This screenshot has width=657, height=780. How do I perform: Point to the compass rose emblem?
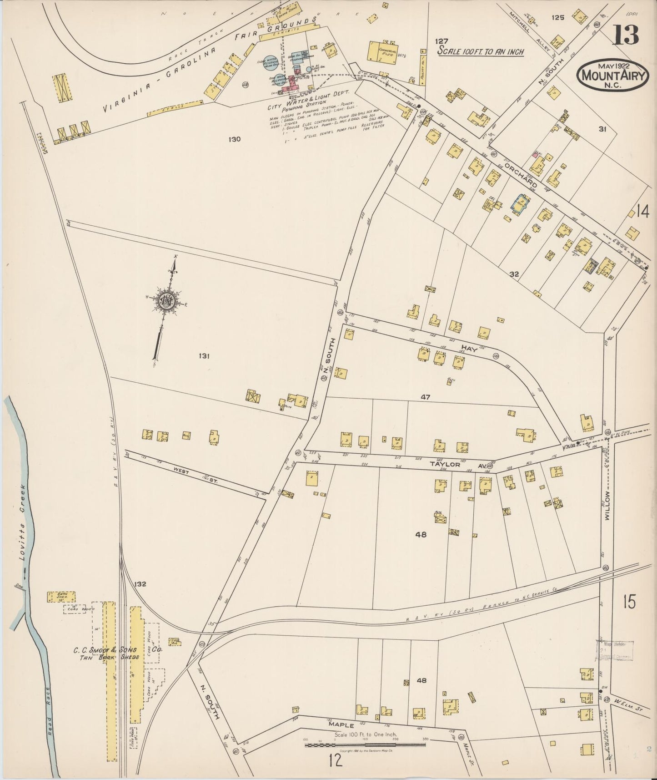coord(167,300)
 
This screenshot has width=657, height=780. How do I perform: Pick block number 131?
coord(203,356)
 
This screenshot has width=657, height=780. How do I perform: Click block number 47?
coord(425,397)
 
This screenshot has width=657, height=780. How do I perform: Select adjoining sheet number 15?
coord(630,602)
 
